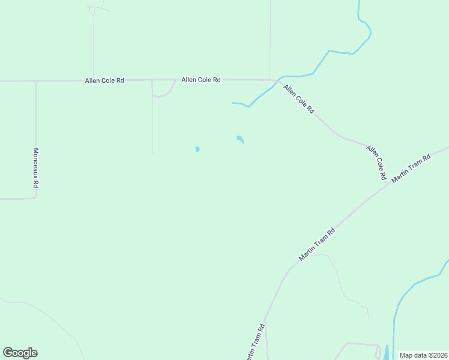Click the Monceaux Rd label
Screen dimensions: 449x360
(35, 168)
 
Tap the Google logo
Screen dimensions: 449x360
(20, 353)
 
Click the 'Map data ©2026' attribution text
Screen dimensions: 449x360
(424, 355)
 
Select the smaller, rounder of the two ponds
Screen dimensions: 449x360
(197, 149)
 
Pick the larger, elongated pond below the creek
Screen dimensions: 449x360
(240, 140)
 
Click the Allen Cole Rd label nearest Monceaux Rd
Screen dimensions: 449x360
(104, 80)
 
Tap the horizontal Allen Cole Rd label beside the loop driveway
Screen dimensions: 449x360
(201, 79)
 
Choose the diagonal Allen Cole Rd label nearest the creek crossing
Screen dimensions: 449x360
(299, 100)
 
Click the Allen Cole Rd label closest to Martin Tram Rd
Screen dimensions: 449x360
(376, 163)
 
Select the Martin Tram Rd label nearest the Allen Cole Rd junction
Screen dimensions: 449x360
(411, 169)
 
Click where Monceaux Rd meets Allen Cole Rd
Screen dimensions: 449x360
(36, 81)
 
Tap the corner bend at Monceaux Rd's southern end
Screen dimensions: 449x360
(35, 197)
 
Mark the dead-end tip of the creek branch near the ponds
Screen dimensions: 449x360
(232, 103)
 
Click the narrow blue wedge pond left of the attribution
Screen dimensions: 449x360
(386, 353)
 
